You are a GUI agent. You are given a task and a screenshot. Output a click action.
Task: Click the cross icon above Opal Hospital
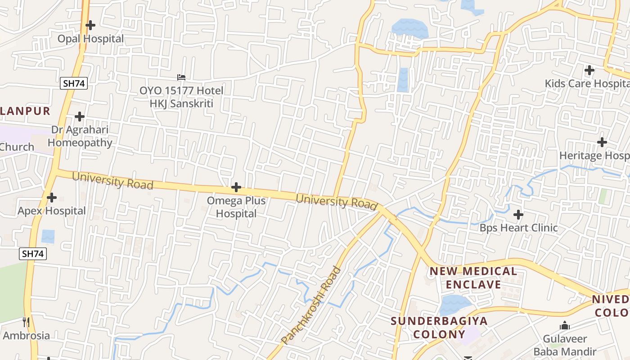pos(90,25)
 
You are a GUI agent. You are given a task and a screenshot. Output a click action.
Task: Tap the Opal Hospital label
pos(90,39)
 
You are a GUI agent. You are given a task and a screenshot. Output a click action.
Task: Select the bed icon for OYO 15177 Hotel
pos(181,77)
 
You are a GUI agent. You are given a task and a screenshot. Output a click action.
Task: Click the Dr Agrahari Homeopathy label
pos(80,136)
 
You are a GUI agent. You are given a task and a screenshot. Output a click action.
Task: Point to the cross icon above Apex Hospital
pos(52,197)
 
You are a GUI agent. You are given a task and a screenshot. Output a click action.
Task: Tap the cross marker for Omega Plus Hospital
pos(236,187)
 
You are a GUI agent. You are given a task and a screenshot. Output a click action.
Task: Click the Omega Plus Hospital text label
pos(236,207)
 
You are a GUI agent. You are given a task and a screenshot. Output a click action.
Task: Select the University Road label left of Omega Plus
pos(112,180)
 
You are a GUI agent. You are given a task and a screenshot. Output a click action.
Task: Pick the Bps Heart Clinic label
pos(518,228)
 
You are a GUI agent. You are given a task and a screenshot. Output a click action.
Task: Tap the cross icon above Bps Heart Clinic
pos(518,215)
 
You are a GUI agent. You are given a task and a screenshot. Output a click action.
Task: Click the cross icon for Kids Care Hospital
pos(589,70)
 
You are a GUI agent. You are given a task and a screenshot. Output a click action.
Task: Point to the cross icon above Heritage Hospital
pos(602,142)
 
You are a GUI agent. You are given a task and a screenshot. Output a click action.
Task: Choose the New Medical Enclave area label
pos(473,278)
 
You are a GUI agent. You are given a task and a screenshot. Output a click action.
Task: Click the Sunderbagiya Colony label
pos(439,328)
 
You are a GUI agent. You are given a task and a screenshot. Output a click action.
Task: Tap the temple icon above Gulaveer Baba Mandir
pos(564,325)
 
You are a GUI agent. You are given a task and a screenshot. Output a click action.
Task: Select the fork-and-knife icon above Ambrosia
pos(26,322)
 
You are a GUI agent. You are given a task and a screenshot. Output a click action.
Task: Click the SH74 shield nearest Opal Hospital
pos(73,83)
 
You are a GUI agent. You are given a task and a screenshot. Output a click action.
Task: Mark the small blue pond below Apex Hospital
pos(48,236)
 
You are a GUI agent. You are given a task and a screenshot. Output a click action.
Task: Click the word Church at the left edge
pos(17,147)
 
